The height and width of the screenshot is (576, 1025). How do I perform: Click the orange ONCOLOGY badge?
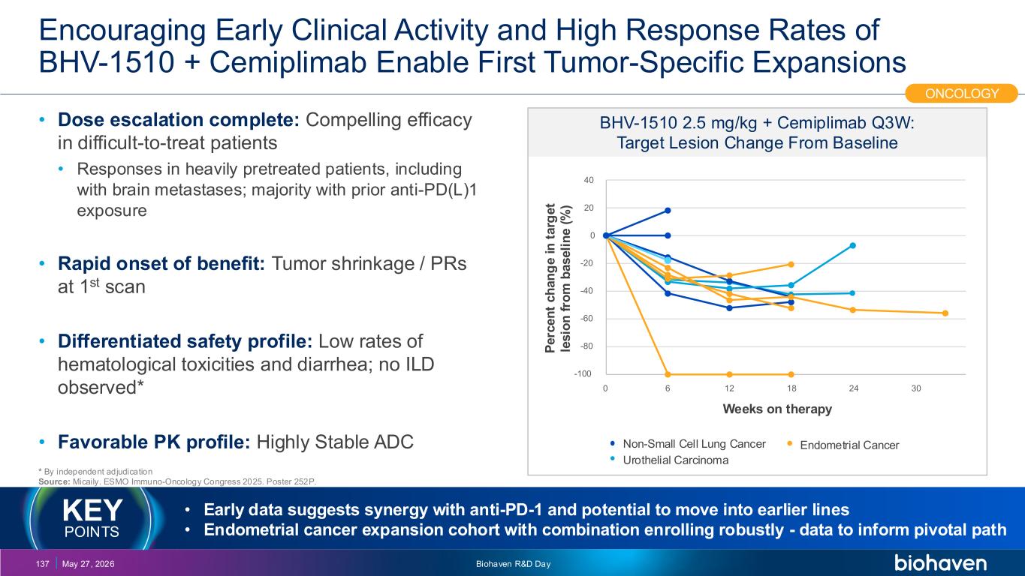[x=961, y=93]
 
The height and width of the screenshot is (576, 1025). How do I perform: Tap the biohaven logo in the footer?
[x=940, y=562]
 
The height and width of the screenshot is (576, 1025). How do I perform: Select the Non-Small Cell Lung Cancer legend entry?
[x=688, y=443]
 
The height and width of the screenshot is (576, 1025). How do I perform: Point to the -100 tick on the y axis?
[x=583, y=374]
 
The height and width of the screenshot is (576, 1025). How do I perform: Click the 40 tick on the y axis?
[x=589, y=180]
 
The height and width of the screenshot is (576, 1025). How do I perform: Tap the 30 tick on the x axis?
[x=915, y=388]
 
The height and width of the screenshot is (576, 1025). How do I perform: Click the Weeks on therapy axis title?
[x=777, y=409]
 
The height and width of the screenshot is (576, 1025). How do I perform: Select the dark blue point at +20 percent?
[x=668, y=211]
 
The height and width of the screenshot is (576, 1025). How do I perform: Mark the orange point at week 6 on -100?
[x=668, y=374]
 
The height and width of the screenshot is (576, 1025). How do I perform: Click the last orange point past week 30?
[x=945, y=313]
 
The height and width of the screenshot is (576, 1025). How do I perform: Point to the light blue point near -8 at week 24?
[x=853, y=245]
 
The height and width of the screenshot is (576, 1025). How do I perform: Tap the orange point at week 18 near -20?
[x=791, y=264]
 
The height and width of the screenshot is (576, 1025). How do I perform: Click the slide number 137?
[x=43, y=564]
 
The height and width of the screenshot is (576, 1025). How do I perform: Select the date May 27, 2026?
[x=89, y=564]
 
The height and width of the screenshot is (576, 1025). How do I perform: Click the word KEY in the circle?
[x=92, y=510]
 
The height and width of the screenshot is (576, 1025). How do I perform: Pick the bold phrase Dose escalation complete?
[x=179, y=120]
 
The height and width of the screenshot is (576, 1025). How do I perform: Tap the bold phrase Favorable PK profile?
[x=154, y=442]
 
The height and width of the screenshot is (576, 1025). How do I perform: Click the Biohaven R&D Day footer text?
[x=513, y=564]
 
